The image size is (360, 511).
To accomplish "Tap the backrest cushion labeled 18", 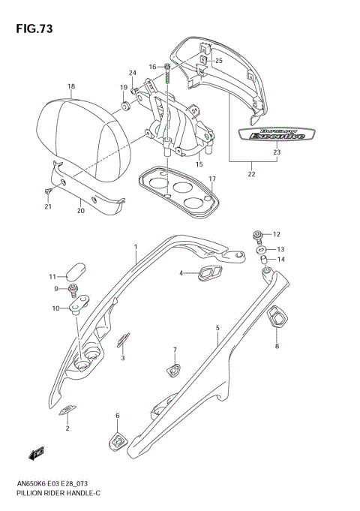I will click(82, 135).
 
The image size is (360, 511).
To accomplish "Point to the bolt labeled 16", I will click(167, 73).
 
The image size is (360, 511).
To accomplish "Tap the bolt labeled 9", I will click(74, 289).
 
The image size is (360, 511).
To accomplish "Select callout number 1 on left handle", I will click(136, 246).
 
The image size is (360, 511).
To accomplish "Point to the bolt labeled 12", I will click(259, 235).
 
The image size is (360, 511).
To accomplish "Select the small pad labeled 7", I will click(172, 368).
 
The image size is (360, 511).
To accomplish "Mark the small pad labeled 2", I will click(67, 409).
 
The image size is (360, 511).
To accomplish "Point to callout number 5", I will click(217, 328).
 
